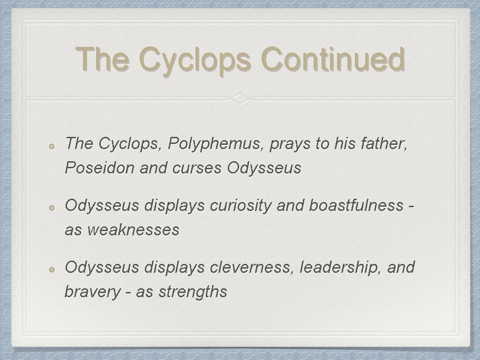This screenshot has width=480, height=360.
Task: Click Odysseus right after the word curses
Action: (x=264, y=168)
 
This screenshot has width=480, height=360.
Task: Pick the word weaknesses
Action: (x=134, y=230)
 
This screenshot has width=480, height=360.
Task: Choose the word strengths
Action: (x=193, y=292)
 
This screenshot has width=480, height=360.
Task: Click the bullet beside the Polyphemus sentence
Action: (x=53, y=145)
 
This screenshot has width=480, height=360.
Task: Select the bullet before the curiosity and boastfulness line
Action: (x=53, y=207)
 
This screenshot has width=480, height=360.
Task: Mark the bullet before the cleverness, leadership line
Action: (x=53, y=269)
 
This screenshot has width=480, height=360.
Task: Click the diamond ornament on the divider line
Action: (x=240, y=98)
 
